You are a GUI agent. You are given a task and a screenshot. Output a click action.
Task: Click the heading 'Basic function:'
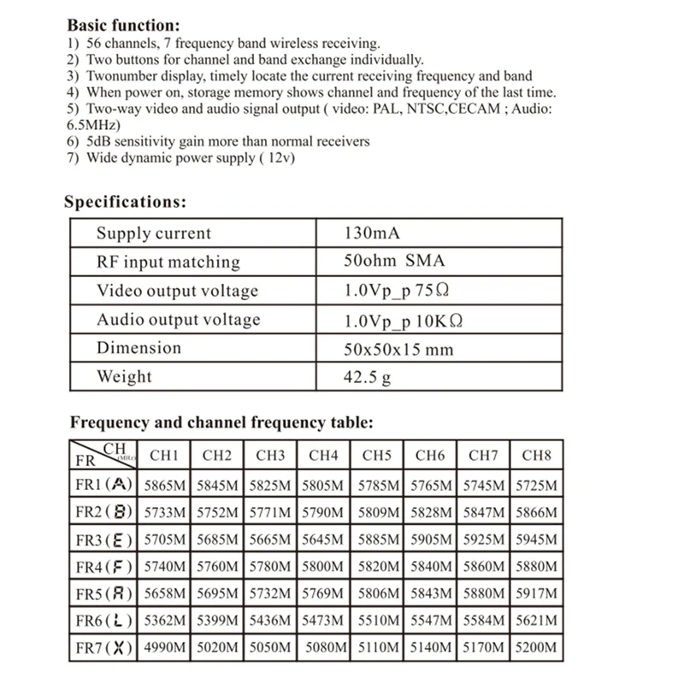(123, 26)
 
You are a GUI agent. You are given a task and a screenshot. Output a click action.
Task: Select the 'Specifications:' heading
(125, 202)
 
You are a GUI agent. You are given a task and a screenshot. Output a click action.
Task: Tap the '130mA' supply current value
(372, 233)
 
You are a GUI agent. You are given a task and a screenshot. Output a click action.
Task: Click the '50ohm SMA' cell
(394, 262)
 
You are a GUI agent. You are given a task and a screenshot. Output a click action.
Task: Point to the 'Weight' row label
(124, 376)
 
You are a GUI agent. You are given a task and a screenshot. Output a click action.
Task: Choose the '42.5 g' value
(368, 377)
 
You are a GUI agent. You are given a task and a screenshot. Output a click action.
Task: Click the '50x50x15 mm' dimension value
(398, 349)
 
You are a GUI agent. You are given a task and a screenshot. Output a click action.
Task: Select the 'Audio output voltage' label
(178, 320)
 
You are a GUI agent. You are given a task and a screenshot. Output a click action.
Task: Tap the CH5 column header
(377, 456)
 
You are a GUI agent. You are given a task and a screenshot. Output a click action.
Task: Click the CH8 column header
(536, 456)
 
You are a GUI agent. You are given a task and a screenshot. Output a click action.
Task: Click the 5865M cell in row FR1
(165, 485)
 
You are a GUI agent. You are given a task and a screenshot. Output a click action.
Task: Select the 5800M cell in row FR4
(323, 566)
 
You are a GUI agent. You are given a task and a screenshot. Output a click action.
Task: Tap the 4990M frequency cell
(165, 647)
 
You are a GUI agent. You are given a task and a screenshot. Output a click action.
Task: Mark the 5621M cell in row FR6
(536, 620)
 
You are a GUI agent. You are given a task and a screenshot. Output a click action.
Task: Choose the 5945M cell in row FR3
(536, 540)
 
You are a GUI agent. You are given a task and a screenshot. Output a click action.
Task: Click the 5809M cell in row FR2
(377, 512)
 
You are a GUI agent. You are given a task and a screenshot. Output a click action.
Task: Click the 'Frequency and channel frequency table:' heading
(221, 422)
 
